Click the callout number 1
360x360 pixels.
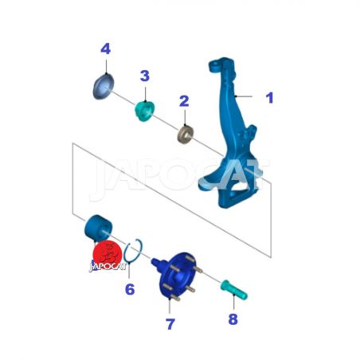coord(270,98)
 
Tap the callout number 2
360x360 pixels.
coord(184,101)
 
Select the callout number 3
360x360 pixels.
coord(145,76)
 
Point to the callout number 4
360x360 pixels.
coord(106,49)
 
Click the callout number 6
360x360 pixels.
coord(130,289)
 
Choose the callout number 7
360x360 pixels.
coord(170,324)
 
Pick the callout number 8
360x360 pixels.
coord(233,319)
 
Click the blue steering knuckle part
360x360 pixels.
coord(229,133)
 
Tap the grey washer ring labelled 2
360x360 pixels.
coord(186,135)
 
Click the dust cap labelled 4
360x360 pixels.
coord(104,87)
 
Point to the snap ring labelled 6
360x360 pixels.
coord(133,251)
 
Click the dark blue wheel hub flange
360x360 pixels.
coord(178,276)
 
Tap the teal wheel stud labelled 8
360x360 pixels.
coord(234,289)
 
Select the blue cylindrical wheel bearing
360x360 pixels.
coord(98,229)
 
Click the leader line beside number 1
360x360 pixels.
coord(244,96)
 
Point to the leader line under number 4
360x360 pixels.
coord(106,66)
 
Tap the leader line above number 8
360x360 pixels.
coord(234,302)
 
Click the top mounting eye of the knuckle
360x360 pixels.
coord(214,65)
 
